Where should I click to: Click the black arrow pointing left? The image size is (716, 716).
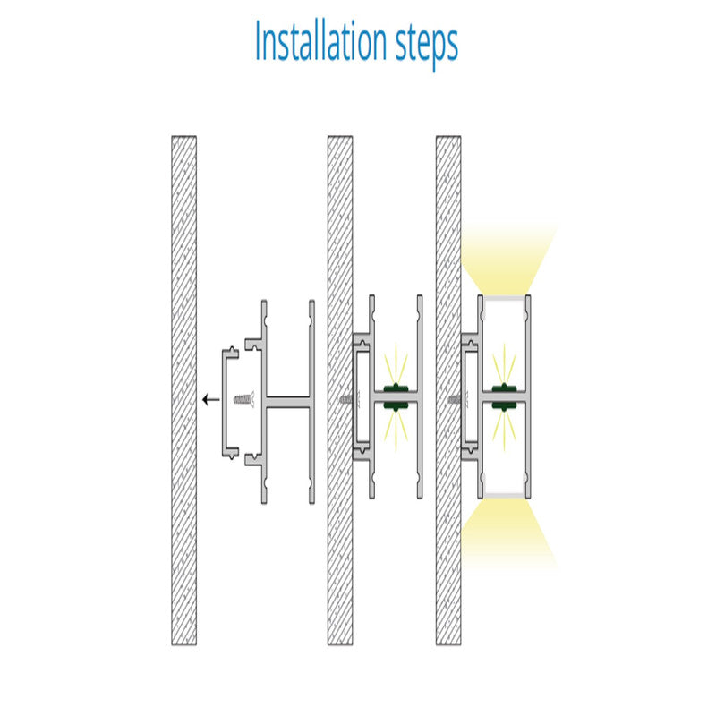pyautogui.click(x=211, y=399)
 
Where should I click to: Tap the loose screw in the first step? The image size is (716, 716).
pyautogui.click(x=243, y=399)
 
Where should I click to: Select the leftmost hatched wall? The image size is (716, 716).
pyautogui.click(x=184, y=390)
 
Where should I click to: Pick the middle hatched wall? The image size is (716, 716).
pyautogui.click(x=340, y=390)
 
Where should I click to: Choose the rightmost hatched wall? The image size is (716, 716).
pyautogui.click(x=448, y=390)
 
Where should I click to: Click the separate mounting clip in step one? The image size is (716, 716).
pyautogui.click(x=225, y=403)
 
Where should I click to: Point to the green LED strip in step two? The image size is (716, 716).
pyautogui.click(x=396, y=396)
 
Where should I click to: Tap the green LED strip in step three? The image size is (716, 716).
pyautogui.click(x=504, y=396)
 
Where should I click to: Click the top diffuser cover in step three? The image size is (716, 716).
pyautogui.click(x=504, y=299)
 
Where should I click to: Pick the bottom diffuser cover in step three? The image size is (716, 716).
pyautogui.click(x=504, y=495)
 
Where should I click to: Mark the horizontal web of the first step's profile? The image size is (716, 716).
pyautogui.click(x=287, y=402)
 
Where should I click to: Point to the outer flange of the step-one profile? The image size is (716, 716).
pyautogui.click(x=311, y=402)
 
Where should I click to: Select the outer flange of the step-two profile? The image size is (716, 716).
pyautogui.click(x=420, y=396)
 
